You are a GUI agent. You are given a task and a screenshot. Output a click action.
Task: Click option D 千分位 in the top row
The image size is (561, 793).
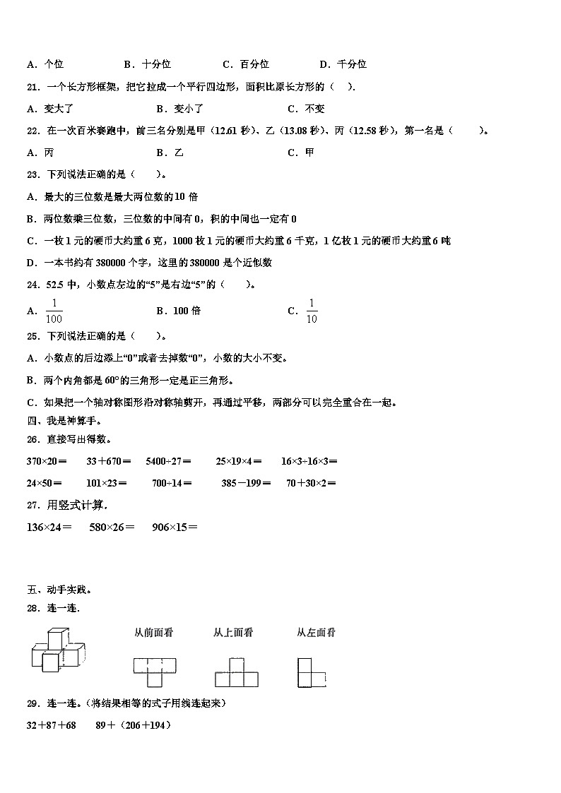tap(343, 64)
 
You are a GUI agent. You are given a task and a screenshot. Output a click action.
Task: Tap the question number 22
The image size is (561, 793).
tap(33, 130)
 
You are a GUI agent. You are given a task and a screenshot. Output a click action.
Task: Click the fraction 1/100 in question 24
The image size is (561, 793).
tap(54, 310)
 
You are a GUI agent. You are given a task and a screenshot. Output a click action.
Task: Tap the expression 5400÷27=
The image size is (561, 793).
tap(168, 461)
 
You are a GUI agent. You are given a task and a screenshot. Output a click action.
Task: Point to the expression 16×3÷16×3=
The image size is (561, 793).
tap(309, 461)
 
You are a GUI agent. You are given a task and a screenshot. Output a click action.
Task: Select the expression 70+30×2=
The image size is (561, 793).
tap(311, 484)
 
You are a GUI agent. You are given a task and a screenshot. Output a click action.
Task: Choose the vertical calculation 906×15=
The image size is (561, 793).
tap(175, 527)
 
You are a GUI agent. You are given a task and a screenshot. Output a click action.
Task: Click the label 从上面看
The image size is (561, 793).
tap(233, 633)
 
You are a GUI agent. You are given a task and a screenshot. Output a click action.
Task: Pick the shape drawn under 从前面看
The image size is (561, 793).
tap(155, 672)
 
